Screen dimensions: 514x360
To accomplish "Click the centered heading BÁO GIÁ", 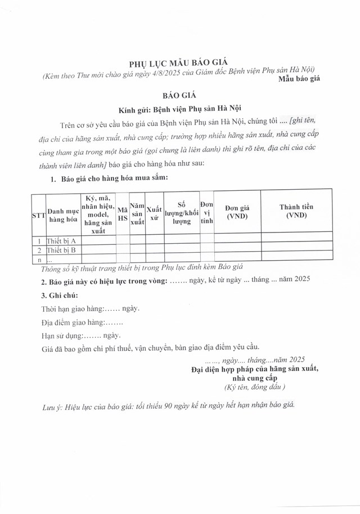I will point(179,96).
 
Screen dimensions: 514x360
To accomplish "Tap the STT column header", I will point(38,216).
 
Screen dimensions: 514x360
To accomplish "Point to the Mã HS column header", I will point(123,216).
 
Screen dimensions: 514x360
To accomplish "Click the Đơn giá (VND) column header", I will point(237,212).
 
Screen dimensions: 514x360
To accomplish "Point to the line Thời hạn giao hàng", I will point(91,309).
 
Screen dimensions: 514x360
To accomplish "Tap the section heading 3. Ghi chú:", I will point(60,295).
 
